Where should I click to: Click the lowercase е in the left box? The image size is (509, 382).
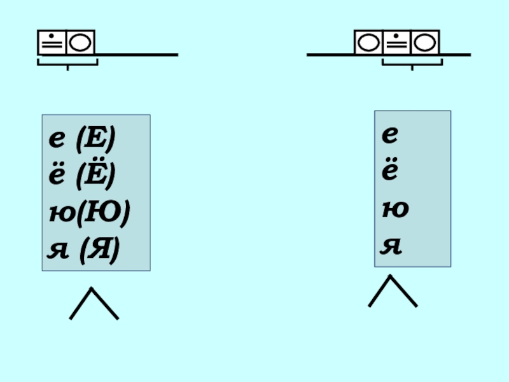click(x=57, y=141)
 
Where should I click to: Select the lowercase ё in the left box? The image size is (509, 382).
click(x=57, y=176)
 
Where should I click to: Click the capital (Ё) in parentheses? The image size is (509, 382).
click(x=95, y=174)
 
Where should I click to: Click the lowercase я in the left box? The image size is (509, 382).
click(x=57, y=250)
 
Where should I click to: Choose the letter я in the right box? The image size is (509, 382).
click(x=391, y=245)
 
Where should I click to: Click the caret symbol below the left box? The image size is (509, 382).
click(x=94, y=304)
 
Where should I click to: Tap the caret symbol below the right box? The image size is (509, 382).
click(x=393, y=291)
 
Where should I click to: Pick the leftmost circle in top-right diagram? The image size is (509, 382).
click(x=368, y=43)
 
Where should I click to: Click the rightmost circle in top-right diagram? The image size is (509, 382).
click(x=424, y=43)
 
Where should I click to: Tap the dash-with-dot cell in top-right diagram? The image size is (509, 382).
click(x=396, y=43)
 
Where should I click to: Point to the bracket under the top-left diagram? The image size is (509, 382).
click(x=67, y=62)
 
